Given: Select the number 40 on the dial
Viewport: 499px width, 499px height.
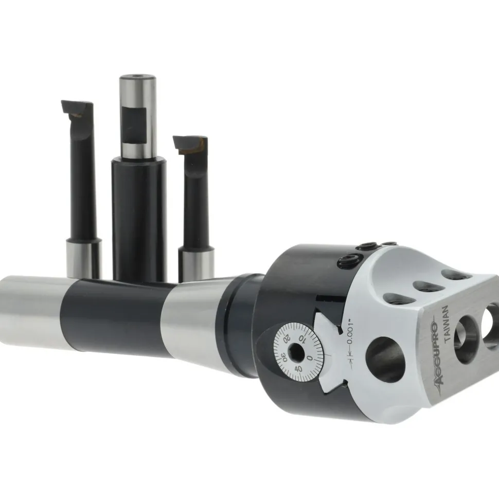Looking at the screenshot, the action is pyautogui.click(x=298, y=369).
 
